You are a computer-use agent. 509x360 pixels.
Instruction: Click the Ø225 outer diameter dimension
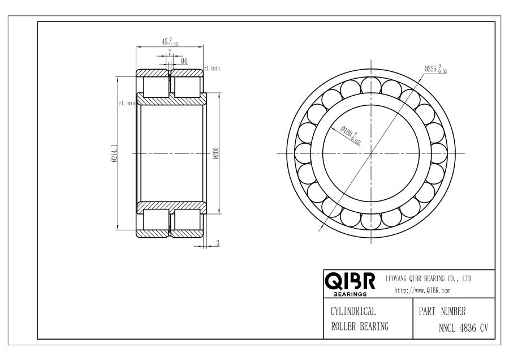click(x=435, y=69)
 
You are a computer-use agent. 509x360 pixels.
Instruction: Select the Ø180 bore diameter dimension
click(x=351, y=134)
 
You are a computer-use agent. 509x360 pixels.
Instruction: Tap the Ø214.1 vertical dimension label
click(x=114, y=153)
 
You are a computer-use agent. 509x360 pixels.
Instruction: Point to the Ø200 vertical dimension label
click(x=216, y=153)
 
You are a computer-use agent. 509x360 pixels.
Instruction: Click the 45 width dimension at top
click(x=170, y=42)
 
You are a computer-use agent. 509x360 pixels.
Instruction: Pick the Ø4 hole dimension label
click(x=184, y=61)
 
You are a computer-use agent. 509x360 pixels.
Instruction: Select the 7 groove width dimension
click(x=170, y=52)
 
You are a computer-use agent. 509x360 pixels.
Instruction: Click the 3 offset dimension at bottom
click(x=218, y=243)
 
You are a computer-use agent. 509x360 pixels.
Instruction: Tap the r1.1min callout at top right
click(x=212, y=68)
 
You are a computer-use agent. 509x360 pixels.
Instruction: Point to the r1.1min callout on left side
click(x=127, y=104)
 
